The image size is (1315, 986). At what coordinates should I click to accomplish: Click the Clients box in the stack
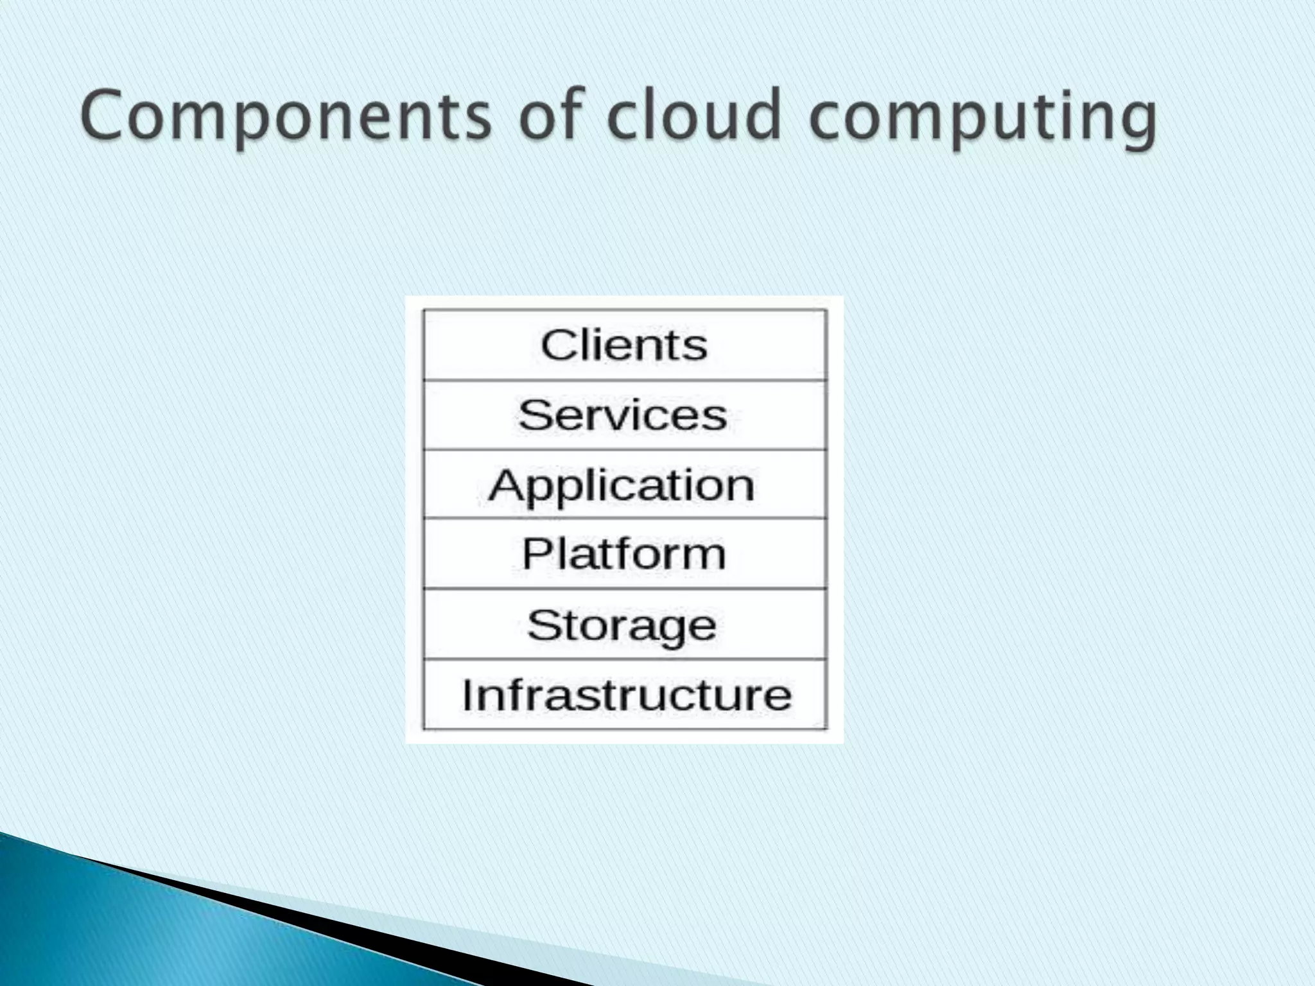click(624, 345)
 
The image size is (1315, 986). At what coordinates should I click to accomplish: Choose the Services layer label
click(623, 415)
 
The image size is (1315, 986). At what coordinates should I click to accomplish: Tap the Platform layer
click(623, 554)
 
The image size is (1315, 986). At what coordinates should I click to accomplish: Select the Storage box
click(622, 625)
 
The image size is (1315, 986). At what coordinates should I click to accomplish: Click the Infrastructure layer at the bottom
click(626, 695)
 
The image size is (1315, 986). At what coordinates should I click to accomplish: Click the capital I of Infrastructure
click(467, 695)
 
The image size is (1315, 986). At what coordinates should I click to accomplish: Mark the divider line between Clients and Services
click(624, 381)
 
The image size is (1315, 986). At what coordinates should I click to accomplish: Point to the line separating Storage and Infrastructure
click(624, 659)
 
